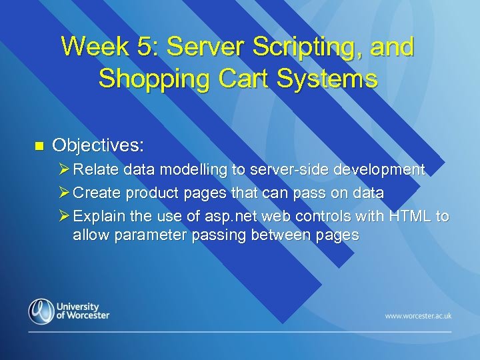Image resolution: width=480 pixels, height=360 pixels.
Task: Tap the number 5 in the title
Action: pos(151,47)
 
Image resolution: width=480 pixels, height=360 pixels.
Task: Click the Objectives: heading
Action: pos(98,145)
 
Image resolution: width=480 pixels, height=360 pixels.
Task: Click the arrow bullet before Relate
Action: pos(64,170)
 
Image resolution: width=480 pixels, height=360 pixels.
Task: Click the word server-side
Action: pos(290,170)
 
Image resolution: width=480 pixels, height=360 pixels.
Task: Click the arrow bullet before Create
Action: pos(64,193)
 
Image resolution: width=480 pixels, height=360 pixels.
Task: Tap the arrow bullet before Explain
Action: pos(64,217)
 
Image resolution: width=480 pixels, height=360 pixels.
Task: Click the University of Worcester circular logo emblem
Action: pos(41,311)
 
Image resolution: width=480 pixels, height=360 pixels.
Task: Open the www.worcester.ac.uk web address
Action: pos(418,315)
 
